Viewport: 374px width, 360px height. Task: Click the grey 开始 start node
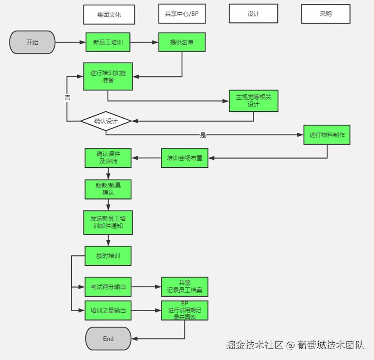pyautogui.click(x=32, y=42)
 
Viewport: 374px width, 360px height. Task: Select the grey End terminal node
pyautogui.click(x=108, y=339)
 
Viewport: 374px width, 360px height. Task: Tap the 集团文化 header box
pyautogui.click(x=109, y=15)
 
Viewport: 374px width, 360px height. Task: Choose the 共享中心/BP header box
pyautogui.click(x=182, y=13)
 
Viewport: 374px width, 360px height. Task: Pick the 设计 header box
pyautogui.click(x=253, y=13)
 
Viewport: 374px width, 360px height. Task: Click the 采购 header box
pyautogui.click(x=326, y=13)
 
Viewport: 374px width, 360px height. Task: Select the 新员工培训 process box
pyautogui.click(x=108, y=42)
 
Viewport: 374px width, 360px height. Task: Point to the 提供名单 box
pyautogui.click(x=182, y=42)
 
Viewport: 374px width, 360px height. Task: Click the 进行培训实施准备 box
pyautogui.click(x=108, y=76)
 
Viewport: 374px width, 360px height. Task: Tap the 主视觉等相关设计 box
pyautogui.click(x=253, y=101)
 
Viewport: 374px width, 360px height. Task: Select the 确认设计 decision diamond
pyautogui.click(x=106, y=121)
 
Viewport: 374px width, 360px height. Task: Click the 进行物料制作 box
pyautogui.click(x=327, y=135)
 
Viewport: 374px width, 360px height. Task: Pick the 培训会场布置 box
pyautogui.click(x=185, y=158)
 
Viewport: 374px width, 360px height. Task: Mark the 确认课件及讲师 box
pyautogui.click(x=108, y=158)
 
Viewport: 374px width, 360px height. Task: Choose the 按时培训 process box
pyautogui.click(x=108, y=256)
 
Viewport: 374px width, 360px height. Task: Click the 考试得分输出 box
pyautogui.click(x=108, y=287)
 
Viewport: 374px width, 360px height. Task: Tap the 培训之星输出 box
pyautogui.click(x=108, y=310)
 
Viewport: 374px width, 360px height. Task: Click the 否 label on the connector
pyautogui.click(x=68, y=98)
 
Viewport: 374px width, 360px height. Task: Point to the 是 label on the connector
pyautogui.click(x=203, y=135)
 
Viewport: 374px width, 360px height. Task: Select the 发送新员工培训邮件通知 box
pyautogui.click(x=108, y=223)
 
